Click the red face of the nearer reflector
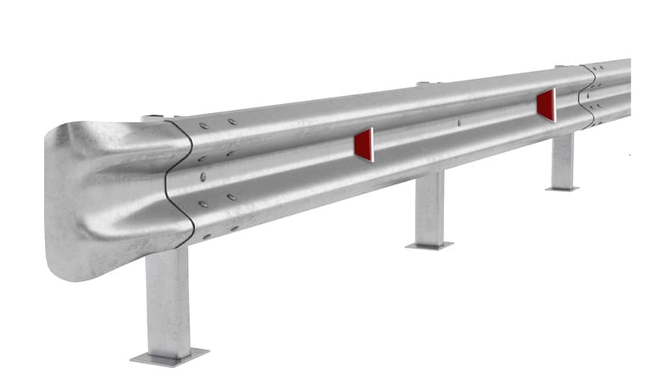click(363, 144)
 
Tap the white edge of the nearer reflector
click(372, 144)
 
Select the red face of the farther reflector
click(545, 105)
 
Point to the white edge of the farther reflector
click(555, 105)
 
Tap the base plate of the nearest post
click(169, 355)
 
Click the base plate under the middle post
click(430, 245)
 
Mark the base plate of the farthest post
click(562, 189)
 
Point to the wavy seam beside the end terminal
click(181, 180)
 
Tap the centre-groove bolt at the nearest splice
click(203, 177)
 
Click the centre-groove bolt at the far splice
click(590, 95)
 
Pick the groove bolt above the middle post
click(458, 123)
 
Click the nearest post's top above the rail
click(153, 117)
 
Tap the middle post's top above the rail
click(424, 83)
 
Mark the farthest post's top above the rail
click(561, 66)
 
